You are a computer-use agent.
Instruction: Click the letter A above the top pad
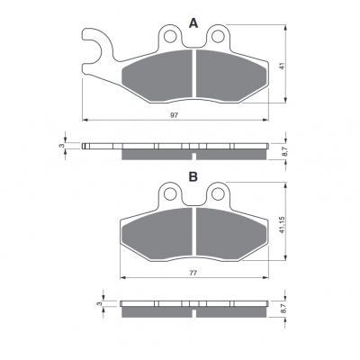tap(193, 22)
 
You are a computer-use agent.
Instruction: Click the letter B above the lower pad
tap(193, 176)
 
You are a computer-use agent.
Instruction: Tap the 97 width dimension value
tap(174, 115)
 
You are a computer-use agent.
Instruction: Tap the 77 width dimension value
tap(193, 273)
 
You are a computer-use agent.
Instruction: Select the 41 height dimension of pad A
tap(282, 66)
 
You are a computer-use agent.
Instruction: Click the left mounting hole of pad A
tap(170, 37)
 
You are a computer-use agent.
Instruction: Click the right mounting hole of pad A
tap(218, 37)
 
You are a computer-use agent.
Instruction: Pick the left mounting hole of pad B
tap(170, 193)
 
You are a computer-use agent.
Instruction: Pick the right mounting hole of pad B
tap(218, 193)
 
